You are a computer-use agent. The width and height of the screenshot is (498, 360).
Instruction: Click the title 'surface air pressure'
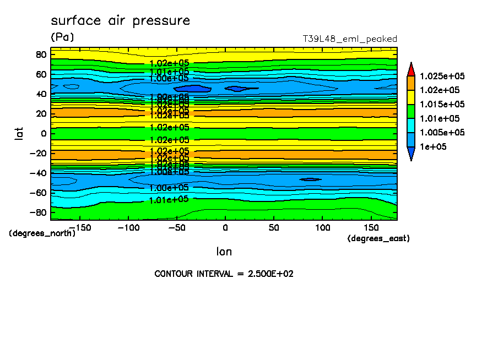pos(120,21)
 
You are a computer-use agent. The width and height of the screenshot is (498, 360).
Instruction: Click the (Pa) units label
pos(62,37)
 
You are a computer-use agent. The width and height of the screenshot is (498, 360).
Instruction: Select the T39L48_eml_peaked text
pos(350,39)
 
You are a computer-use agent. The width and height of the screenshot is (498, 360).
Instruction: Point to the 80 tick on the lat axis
pos(41,54)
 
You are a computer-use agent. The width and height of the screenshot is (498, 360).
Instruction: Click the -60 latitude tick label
pos(39,193)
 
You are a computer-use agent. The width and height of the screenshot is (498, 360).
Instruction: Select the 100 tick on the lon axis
pos(322,227)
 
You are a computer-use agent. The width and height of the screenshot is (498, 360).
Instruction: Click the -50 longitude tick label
pos(176,227)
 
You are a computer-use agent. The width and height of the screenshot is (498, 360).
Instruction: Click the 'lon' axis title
pos(224,252)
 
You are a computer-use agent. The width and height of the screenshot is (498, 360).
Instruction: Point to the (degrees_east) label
pos(378,238)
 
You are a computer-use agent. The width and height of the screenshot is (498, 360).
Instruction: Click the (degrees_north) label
pos(42,233)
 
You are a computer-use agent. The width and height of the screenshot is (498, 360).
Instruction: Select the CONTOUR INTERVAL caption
pos(224,274)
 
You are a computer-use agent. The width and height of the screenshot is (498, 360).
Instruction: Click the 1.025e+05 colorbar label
pos(442,76)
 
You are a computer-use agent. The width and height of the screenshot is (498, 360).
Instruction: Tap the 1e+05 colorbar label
pos(433,147)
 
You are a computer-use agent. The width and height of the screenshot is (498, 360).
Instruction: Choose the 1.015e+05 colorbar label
pos(442,105)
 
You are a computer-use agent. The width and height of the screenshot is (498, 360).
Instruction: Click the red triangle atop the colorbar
pos(410,69)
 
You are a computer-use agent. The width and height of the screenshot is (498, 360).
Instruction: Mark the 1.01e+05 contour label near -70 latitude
pos(169,199)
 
